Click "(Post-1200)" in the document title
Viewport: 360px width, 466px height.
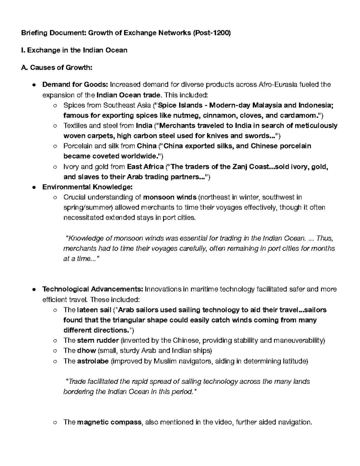[212, 33]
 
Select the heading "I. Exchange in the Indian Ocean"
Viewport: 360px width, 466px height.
[74, 50]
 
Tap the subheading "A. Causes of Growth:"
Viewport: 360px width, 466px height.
[56, 68]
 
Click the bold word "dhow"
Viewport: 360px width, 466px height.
[86, 351]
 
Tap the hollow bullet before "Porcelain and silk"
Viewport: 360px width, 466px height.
[55, 146]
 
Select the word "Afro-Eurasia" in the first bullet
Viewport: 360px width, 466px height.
[278, 85]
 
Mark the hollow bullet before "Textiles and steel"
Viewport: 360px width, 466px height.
[55, 126]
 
